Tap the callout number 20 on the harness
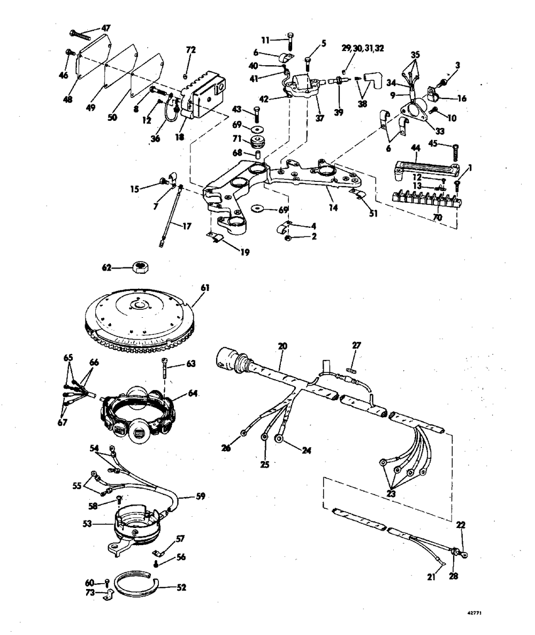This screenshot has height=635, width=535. [x=282, y=347]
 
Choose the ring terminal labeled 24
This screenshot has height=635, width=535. [x=279, y=439]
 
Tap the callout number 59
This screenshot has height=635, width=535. [x=200, y=496]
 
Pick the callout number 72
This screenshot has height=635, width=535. [x=191, y=50]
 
